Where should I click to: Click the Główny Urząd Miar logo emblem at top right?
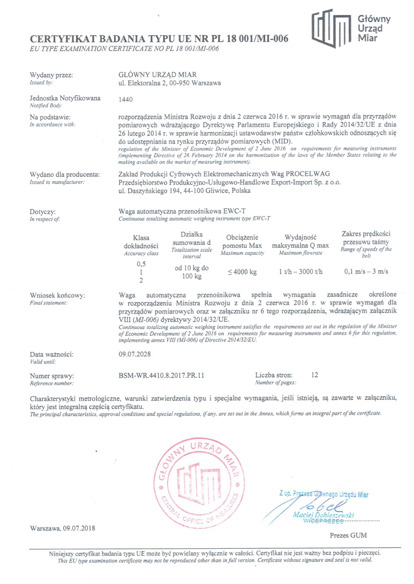[331, 28]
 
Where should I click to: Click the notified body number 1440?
[125, 100]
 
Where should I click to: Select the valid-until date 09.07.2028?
[135, 354]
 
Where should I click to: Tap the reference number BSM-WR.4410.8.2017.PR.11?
[161, 376]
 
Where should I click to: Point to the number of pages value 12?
[314, 375]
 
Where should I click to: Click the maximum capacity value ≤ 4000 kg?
[242, 272]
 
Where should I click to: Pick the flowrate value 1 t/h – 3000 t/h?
[301, 272]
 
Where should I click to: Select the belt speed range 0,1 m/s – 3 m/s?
[366, 272]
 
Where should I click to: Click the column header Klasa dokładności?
[141, 242]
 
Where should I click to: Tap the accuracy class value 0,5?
[141, 264]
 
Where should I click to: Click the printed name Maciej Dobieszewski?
[323, 515]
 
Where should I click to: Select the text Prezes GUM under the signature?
[348, 535]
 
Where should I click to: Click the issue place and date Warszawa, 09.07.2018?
[62, 528]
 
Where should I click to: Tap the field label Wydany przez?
[51, 75]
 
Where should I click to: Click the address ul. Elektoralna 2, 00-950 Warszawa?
[169, 83]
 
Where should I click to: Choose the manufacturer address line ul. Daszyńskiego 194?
[184, 191]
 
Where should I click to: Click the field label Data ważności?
[52, 354]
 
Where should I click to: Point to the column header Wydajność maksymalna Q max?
[301, 241]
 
